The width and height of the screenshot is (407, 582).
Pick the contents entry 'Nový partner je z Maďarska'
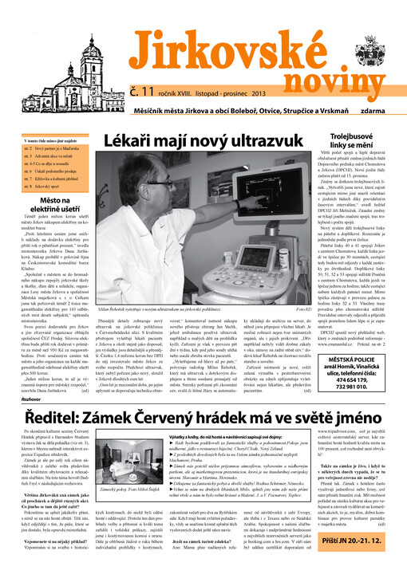(x=60, y=148)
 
